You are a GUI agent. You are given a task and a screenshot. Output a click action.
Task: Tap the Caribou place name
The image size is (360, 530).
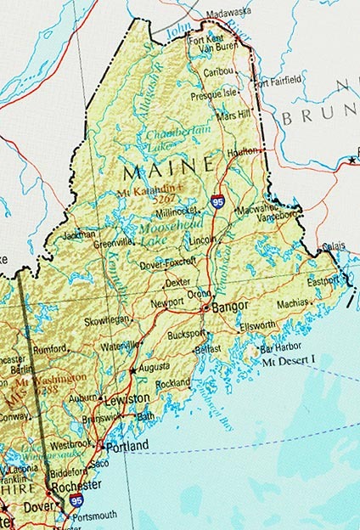pos(219,74)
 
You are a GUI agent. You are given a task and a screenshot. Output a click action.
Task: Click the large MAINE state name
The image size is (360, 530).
pos(169,169)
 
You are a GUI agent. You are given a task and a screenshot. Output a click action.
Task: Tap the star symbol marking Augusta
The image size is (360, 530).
pos(132,371)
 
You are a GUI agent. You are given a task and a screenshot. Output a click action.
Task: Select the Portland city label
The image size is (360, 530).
pos(127,445)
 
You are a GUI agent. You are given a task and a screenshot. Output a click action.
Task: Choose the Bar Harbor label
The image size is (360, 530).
pos(280,348)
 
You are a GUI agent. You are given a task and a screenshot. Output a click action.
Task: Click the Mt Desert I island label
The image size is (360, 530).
pos(289,362)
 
